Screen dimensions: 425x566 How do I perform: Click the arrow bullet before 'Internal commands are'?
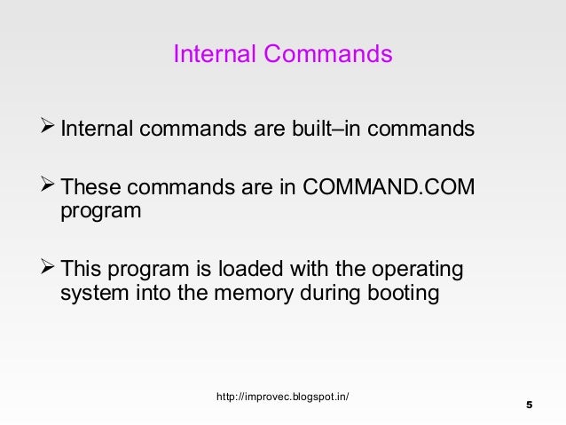point(49,130)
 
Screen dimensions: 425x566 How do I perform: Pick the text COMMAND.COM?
point(389,188)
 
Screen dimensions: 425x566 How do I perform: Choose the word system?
point(92,294)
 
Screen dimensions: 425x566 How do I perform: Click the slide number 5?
point(529,405)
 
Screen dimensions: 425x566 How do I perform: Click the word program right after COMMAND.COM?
point(100,213)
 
